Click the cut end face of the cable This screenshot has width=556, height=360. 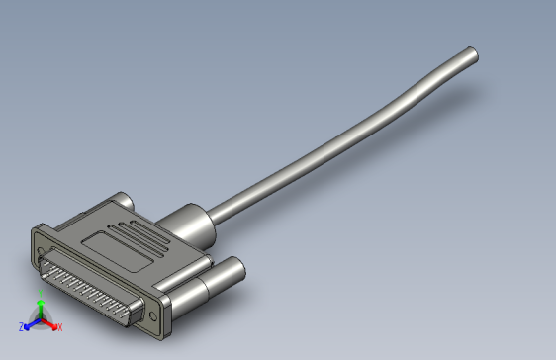(473, 53)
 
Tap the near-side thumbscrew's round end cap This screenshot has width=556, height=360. (237, 268)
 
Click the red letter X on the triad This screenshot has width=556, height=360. (58, 326)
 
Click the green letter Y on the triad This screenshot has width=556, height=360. (40, 304)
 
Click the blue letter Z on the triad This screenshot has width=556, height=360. (21, 326)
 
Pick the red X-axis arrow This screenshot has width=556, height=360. (50, 324)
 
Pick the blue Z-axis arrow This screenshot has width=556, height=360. (29, 324)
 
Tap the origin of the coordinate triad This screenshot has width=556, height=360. (40, 321)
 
